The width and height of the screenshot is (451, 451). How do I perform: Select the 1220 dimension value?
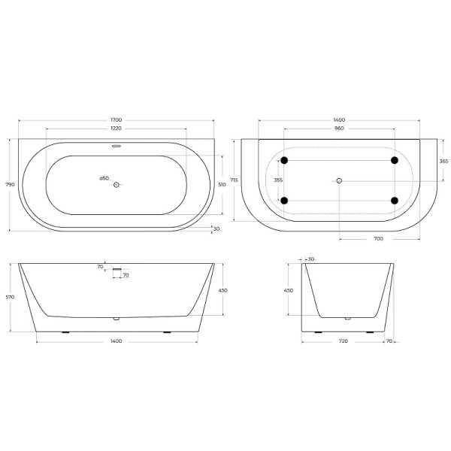pyautogui.click(x=116, y=128)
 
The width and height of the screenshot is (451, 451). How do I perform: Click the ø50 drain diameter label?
pyautogui.click(x=104, y=178)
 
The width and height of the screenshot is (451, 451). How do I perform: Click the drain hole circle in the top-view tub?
pyautogui.click(x=116, y=183)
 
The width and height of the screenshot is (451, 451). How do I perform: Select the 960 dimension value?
pyautogui.click(x=338, y=128)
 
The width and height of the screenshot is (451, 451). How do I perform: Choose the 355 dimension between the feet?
pyautogui.click(x=278, y=180)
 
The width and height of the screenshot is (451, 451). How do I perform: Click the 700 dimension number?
pyautogui.click(x=378, y=238)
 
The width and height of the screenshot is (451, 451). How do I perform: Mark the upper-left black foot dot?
pyautogui.click(x=283, y=161)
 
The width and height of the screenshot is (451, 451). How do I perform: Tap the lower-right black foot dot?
pyautogui.click(x=394, y=200)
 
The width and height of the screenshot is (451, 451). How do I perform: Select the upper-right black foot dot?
pyautogui.click(x=394, y=161)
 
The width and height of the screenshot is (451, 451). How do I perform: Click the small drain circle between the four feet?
pyautogui.click(x=339, y=180)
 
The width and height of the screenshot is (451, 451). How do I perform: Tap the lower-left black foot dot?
pyautogui.click(x=283, y=200)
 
